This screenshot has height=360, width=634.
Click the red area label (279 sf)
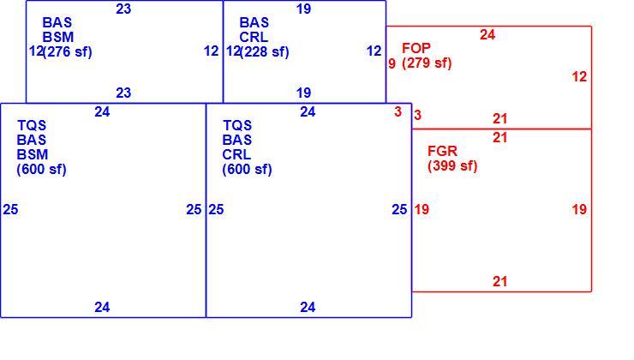(427, 63)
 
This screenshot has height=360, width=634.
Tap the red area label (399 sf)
(452, 165)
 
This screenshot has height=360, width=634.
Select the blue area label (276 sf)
(68, 51)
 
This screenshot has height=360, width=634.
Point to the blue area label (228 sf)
(265, 51)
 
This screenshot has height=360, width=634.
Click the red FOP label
(416, 49)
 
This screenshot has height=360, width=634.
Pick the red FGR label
(442, 151)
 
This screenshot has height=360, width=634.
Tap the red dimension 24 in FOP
(487, 35)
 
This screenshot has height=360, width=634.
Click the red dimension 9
(392, 63)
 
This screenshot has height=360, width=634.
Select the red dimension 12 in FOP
(579, 77)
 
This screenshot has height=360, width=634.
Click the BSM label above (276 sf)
(57, 37)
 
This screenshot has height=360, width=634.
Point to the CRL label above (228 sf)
(254, 37)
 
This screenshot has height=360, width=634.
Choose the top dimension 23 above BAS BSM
(123, 9)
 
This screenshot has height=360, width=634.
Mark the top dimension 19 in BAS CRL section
(303, 9)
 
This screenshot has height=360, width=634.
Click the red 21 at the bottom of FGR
(499, 281)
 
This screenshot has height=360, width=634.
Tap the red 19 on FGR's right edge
(579, 209)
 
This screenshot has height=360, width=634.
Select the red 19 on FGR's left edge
(422, 209)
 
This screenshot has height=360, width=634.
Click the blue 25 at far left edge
(10, 209)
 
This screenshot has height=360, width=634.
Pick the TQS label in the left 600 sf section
(32, 125)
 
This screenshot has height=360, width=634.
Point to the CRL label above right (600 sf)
(236, 154)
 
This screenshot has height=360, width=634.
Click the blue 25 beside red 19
(399, 209)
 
